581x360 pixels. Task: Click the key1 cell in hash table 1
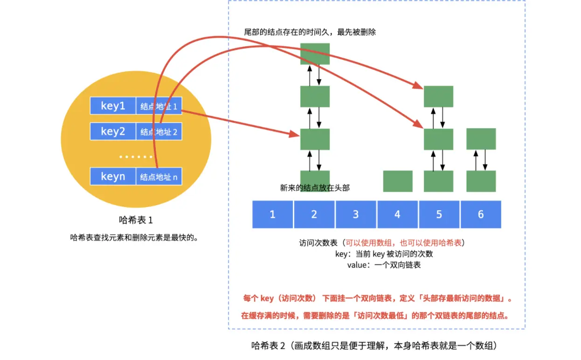(x=113, y=105)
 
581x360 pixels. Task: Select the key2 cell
(x=113, y=131)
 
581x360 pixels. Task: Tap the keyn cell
(x=113, y=176)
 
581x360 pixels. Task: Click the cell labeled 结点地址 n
(x=159, y=176)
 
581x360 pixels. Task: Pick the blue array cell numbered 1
(x=272, y=214)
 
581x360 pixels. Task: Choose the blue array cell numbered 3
(x=356, y=214)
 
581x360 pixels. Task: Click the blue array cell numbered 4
(x=397, y=214)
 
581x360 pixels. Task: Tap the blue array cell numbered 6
(x=481, y=214)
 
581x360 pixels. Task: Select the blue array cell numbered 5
(x=439, y=214)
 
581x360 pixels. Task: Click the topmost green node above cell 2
(x=315, y=54)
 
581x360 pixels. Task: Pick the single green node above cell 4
(x=398, y=181)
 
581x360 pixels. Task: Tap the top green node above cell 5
(x=438, y=97)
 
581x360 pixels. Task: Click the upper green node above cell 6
(x=481, y=139)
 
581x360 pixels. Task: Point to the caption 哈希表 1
(x=136, y=220)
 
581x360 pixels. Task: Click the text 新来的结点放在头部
(x=315, y=188)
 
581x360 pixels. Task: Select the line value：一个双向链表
(x=384, y=265)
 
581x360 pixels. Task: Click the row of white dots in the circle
(x=136, y=157)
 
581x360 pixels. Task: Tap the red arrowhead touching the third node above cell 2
(x=294, y=134)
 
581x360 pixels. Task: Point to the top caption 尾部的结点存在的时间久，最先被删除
(x=310, y=32)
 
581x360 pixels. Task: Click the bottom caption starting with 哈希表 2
(x=374, y=346)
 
